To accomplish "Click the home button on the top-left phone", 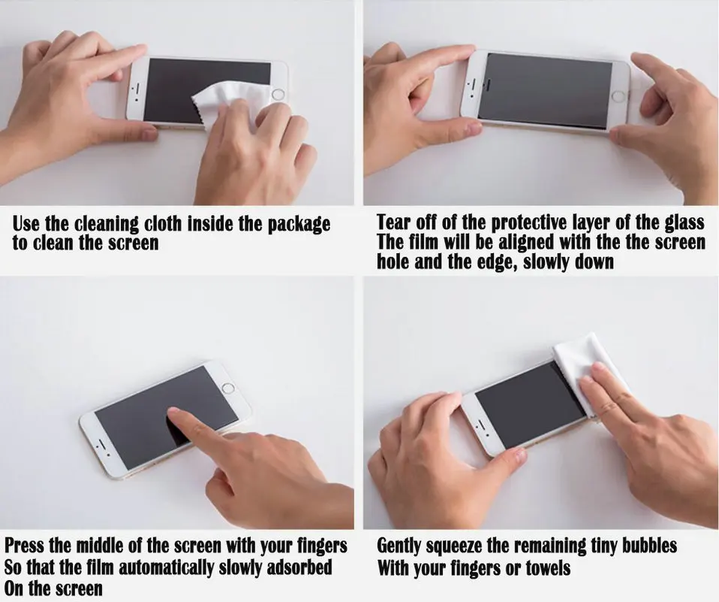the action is (x=278, y=95).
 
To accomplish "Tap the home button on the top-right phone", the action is (x=618, y=97).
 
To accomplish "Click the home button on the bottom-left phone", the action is (x=228, y=388).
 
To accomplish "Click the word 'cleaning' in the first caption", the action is (x=107, y=224).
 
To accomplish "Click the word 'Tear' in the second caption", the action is (x=393, y=222).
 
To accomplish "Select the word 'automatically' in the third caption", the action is (x=166, y=567).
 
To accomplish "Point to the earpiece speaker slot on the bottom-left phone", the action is (x=101, y=444).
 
